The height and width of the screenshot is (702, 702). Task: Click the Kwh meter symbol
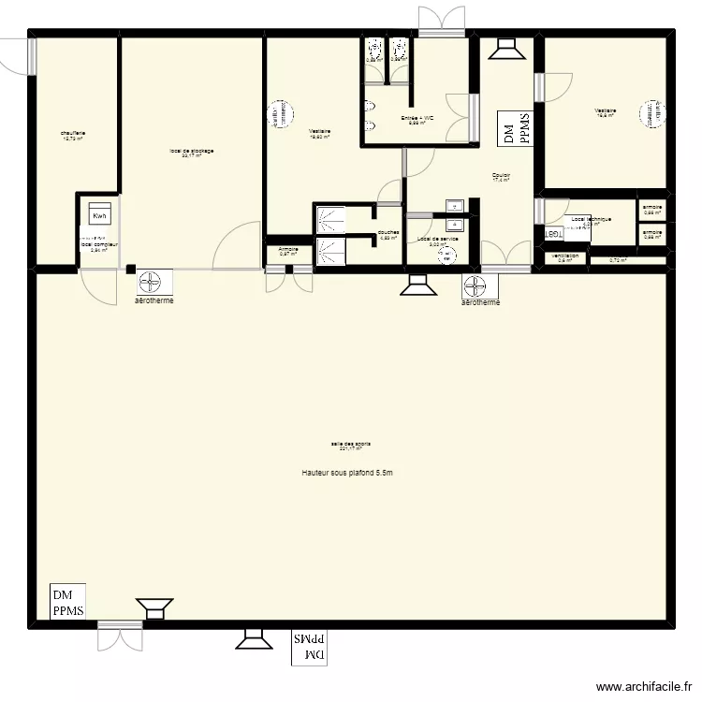tap(99, 216)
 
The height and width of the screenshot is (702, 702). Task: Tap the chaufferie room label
tap(72, 135)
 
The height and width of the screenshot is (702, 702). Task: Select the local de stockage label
tap(192, 153)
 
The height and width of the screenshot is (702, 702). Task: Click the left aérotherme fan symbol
tap(153, 280)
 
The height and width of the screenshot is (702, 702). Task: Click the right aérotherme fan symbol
tap(478, 283)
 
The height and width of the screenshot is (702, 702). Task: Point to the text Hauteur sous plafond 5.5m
tap(346, 474)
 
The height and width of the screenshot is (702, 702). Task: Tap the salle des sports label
tap(345, 446)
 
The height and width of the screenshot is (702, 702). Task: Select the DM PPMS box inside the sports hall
tap(67, 603)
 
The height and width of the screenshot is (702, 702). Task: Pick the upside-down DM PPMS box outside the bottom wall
tap(310, 646)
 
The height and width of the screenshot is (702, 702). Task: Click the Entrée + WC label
tap(417, 119)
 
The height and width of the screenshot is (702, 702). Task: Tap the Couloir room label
tap(501, 177)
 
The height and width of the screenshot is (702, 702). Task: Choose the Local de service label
tap(437, 241)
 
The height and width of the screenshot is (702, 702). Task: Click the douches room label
tap(388, 234)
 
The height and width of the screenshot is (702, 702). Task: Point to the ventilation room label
tap(565, 256)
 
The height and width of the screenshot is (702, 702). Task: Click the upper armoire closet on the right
tap(652, 209)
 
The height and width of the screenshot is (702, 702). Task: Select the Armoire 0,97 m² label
tap(288, 251)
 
